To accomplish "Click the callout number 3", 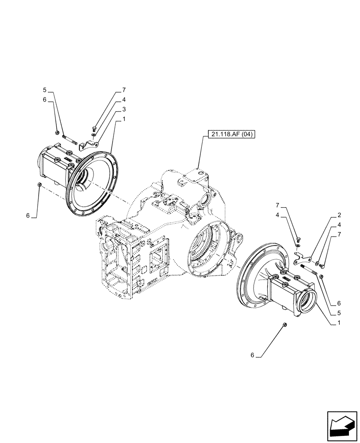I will (x=124, y=109).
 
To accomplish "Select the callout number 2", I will (x=339, y=215).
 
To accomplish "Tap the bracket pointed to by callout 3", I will (x=92, y=143).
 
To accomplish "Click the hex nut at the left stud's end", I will (x=58, y=132).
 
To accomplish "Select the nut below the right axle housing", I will (x=284, y=326).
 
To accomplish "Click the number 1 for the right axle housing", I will (x=339, y=323).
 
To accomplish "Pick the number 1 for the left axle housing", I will (x=124, y=119).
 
